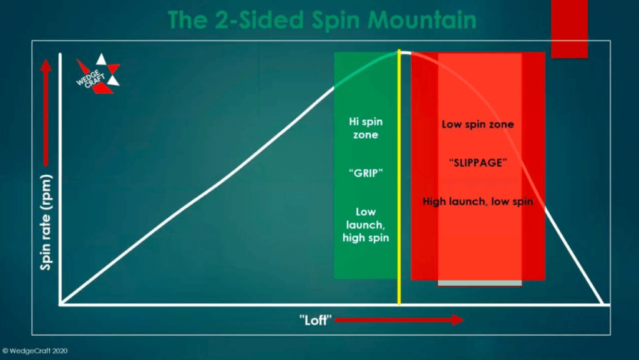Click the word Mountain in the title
point(422,19)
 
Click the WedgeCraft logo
point(98,74)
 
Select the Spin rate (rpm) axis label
point(46,222)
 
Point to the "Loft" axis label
point(315,320)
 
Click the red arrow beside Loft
point(399,320)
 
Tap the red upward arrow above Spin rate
point(46,112)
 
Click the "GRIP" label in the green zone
point(366,173)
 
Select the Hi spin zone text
point(366,128)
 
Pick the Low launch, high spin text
point(366,225)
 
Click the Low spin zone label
point(477,124)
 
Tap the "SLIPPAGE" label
point(478,163)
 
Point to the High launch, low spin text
point(477,201)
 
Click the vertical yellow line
point(399,177)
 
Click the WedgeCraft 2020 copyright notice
point(35,351)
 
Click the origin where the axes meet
point(61,304)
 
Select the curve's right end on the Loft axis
point(603,304)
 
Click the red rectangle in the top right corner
point(569,29)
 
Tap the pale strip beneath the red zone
point(480,283)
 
